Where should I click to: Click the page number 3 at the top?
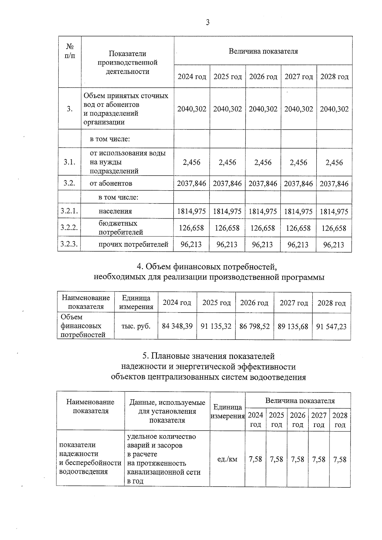(208, 22)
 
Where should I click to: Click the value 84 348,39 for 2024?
(177, 326)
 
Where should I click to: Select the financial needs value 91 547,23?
(331, 326)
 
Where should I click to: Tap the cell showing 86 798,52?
(254, 326)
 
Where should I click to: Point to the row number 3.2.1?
(69, 211)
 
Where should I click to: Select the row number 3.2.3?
(69, 244)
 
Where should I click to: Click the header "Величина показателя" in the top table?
(263, 51)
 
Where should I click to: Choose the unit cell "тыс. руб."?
(136, 326)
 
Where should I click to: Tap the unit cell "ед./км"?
(227, 459)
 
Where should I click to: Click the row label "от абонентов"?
(111, 183)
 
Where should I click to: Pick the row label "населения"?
(115, 211)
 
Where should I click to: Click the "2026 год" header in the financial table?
(254, 303)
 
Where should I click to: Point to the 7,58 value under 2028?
(340, 459)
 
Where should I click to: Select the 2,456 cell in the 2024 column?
(192, 162)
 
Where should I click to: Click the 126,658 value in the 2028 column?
(334, 228)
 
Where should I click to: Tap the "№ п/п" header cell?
(70, 51)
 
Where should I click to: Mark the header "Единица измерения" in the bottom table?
(227, 411)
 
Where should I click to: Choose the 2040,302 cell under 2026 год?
(263, 109)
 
